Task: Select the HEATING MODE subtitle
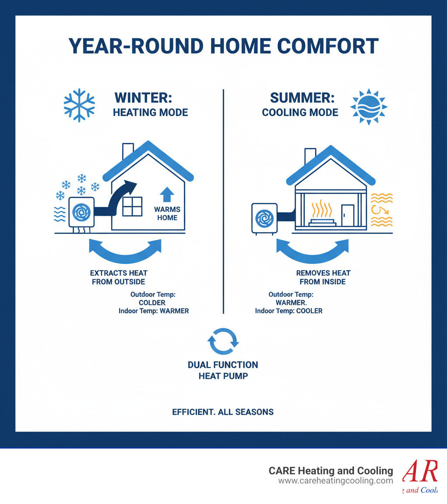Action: coord(150,112)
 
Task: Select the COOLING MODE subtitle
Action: coord(300,112)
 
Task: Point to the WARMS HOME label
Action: coord(167,214)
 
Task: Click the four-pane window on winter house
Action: coord(132,206)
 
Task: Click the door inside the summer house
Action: coord(347,215)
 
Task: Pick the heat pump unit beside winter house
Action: coord(81,213)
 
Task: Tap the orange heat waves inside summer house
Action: coord(321,209)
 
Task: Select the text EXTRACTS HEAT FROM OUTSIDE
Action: coord(118,277)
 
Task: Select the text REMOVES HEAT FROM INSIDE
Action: coord(323,277)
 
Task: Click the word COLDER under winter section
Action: coord(152,303)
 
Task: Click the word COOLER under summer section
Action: coord(308,311)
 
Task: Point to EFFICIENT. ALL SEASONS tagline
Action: coord(223,412)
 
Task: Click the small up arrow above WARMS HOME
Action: coord(167,194)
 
